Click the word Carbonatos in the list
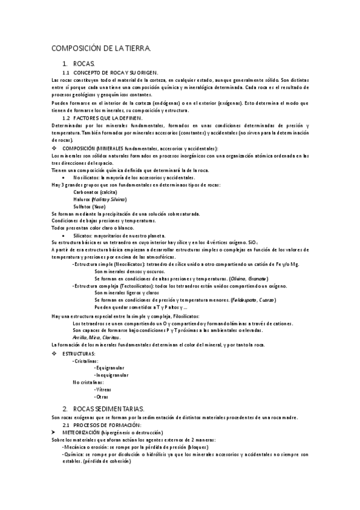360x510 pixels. (87, 192)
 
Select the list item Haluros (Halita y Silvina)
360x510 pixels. (100, 199)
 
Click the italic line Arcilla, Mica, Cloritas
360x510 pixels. (94, 337)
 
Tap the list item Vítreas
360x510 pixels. (103, 390)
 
